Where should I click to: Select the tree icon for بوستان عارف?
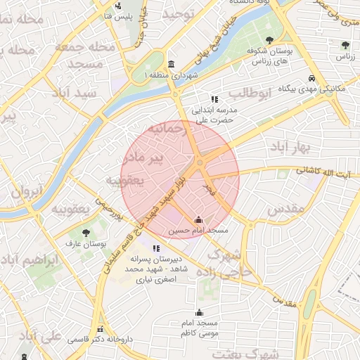point(86,232)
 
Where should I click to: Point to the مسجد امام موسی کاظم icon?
point(200,312)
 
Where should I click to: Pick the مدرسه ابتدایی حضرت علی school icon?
point(214,100)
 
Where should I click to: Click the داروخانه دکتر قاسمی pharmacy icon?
point(101,329)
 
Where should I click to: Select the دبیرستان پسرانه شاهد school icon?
point(156,247)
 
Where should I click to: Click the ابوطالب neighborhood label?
point(245,94)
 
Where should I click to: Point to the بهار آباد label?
point(289,147)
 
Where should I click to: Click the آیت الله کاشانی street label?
point(326,171)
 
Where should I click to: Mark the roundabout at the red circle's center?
point(200,163)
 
